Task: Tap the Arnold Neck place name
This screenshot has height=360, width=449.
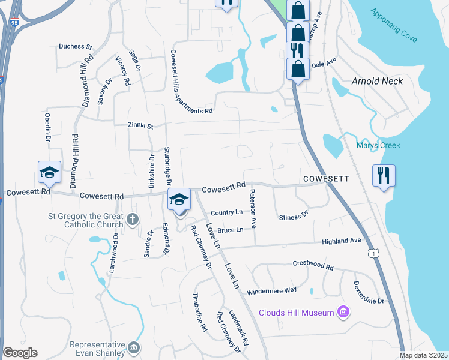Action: click(x=377, y=81)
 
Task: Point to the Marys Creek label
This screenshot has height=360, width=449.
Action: click(x=378, y=145)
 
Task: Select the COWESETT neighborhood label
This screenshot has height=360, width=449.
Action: click(x=326, y=179)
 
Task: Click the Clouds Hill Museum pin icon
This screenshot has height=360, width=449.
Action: click(x=343, y=312)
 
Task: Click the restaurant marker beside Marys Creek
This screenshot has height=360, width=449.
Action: click(x=384, y=176)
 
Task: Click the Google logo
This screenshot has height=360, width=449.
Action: click(x=20, y=353)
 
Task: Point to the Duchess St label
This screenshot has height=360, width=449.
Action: click(x=75, y=46)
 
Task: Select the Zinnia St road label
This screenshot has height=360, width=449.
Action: click(x=140, y=126)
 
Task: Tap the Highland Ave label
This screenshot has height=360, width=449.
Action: click(x=342, y=241)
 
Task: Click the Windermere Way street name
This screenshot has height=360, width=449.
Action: click(x=271, y=290)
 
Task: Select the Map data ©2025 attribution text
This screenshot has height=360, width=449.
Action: click(x=424, y=355)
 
